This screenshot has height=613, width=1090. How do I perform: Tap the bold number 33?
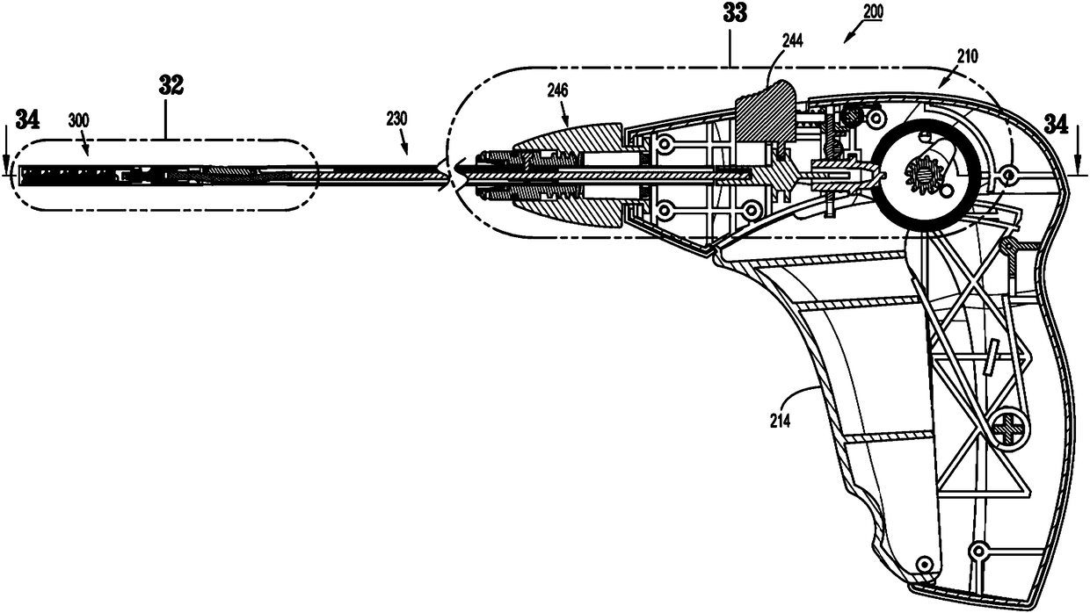pyautogui.click(x=735, y=14)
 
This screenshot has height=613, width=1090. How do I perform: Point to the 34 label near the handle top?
pyautogui.click(x=1057, y=125)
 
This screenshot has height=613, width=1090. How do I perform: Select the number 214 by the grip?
pyautogui.click(x=779, y=421)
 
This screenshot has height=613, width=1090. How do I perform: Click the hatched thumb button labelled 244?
pyautogui.click(x=763, y=111)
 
